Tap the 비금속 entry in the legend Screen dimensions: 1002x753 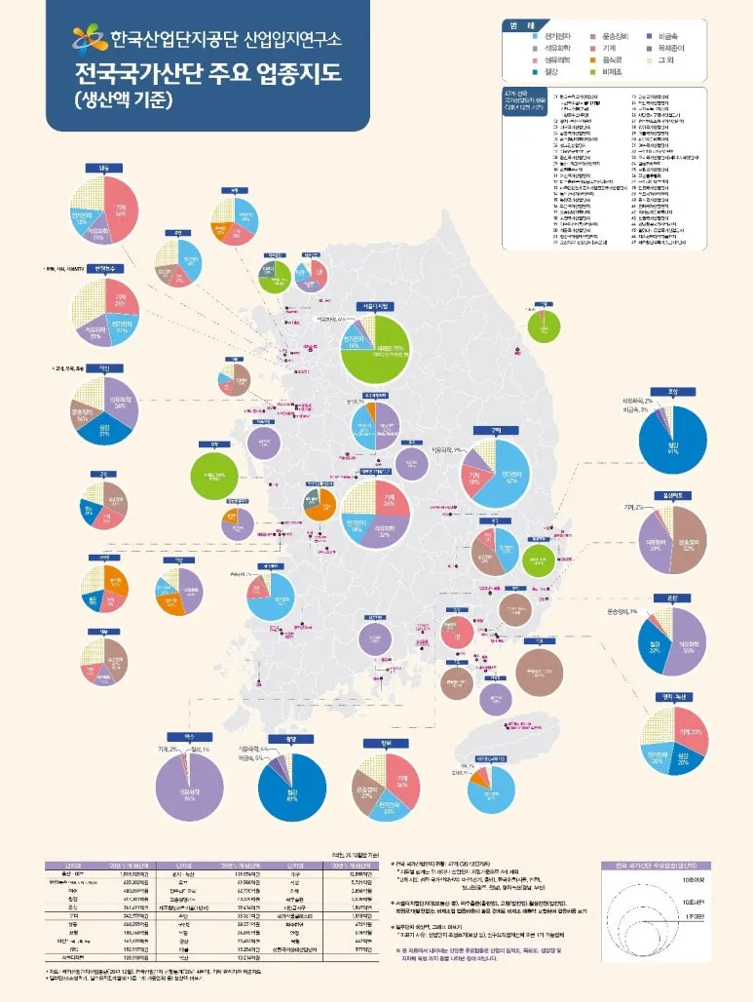[666, 35]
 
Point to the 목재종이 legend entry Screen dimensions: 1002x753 [671, 47]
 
